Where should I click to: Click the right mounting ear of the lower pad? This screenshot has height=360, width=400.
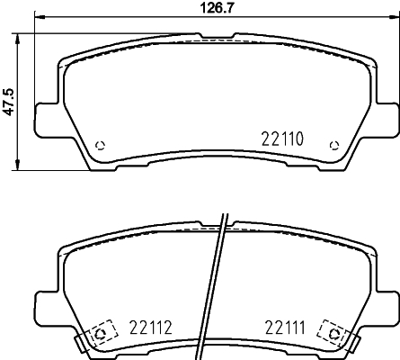385,305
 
